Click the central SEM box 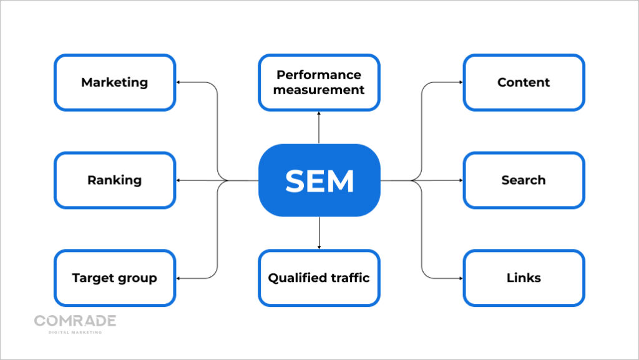point(319,180)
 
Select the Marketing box point(115,82)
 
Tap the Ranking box point(115,180)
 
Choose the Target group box point(115,278)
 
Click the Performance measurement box point(319,82)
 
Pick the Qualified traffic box point(319,278)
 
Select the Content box point(524,82)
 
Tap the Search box point(524,180)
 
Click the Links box point(524,278)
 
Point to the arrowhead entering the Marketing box point(179,82)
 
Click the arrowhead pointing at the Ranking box point(179,180)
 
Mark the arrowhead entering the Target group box point(179,278)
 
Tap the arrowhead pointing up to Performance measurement point(319,114)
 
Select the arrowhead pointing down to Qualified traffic point(319,247)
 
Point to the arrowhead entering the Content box point(460,82)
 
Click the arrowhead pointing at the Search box point(460,180)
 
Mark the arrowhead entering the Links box point(460,278)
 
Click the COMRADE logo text point(75,321)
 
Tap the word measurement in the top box point(320,90)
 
